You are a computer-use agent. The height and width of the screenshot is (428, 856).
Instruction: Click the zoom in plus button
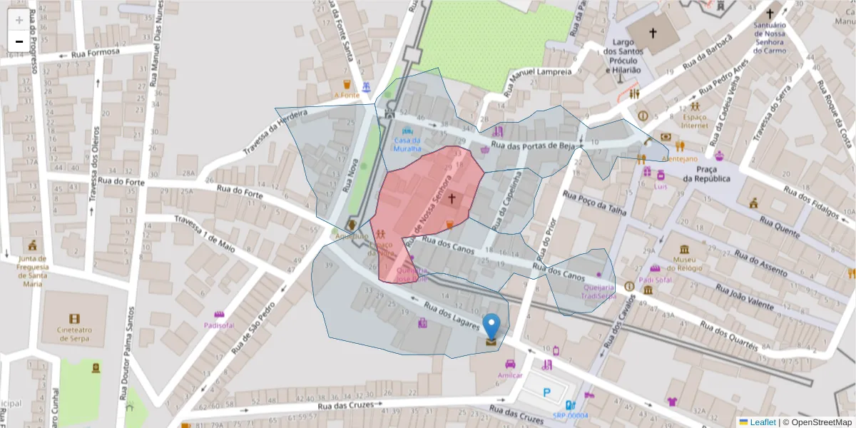coord(19,20)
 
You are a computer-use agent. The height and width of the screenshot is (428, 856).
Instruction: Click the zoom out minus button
coord(19,41)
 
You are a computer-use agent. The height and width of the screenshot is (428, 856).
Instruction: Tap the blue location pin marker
coord(491,327)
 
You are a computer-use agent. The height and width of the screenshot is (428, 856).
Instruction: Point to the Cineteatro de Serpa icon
coord(75,318)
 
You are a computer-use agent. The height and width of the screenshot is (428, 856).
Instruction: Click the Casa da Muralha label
coord(407,145)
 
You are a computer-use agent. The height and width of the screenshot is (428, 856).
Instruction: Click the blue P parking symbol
coord(547,392)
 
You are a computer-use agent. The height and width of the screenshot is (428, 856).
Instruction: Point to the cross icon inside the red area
coord(452,197)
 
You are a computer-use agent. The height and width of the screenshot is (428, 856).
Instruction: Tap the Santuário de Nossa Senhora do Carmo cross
coord(769,14)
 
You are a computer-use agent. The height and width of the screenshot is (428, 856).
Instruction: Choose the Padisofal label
coord(219,325)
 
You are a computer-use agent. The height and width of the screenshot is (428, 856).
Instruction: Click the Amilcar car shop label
coord(510,375)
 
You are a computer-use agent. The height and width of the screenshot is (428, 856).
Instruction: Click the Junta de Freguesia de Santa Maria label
coord(33,271)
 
